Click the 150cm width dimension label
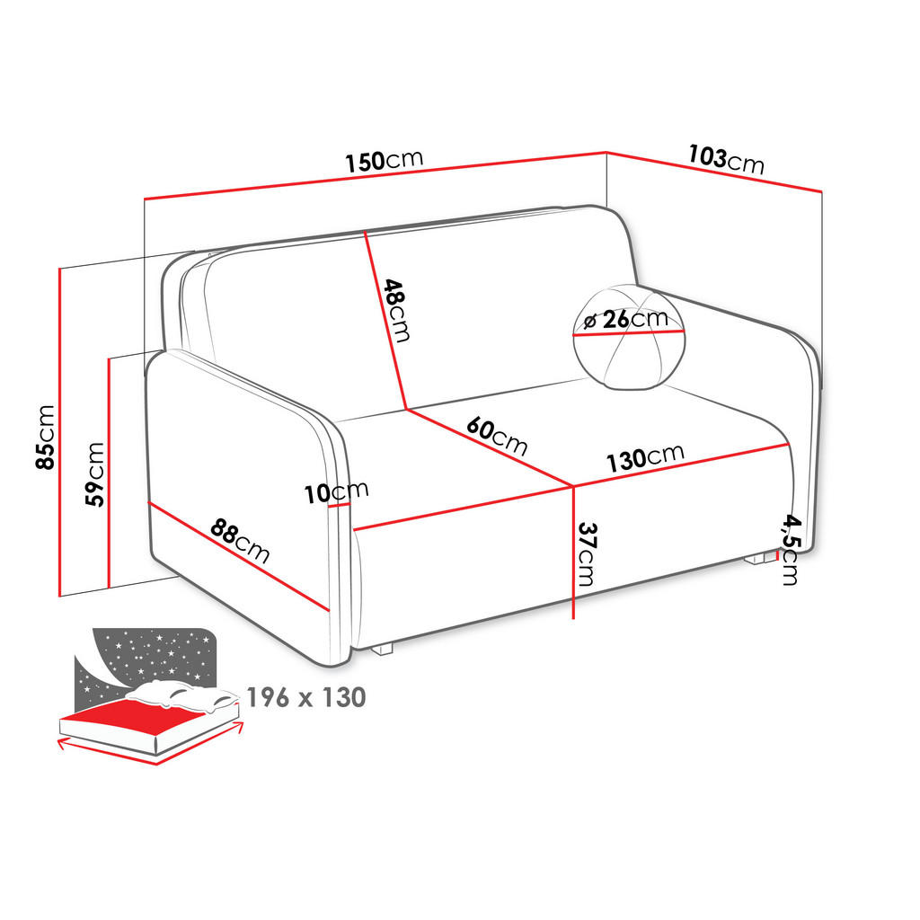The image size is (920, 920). pos(384,161)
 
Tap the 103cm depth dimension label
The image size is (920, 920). pos(726,159)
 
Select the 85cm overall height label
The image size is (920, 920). pos(46,437)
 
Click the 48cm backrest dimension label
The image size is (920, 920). pos(396,310)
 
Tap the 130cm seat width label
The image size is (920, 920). pos(645,457)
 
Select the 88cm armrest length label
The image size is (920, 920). pos(240,540)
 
